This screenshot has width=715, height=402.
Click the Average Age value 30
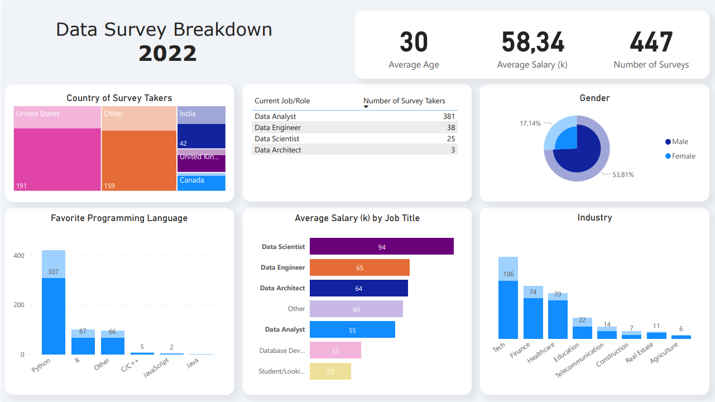[414, 42]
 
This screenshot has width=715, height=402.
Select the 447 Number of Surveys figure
[651, 42]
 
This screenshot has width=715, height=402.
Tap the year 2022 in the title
[167, 54]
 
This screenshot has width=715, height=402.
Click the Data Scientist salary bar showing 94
[381, 247]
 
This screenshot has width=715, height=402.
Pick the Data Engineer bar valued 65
[359, 267]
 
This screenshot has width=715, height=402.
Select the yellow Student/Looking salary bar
[330, 371]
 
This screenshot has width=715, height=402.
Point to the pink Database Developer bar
[335, 351]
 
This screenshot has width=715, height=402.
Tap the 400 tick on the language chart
[19, 256]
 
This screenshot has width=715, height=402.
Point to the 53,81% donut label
[623, 175]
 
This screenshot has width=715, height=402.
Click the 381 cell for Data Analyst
[449, 117]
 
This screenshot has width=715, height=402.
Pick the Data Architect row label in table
[278, 150]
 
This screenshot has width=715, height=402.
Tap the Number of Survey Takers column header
[404, 101]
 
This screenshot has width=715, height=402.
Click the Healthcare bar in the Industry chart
[558, 318]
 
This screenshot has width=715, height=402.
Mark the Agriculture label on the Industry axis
[664, 353]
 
